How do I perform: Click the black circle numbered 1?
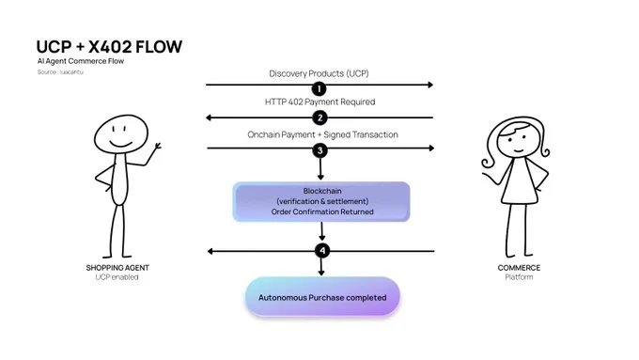(x=319, y=88)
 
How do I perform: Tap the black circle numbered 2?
(x=319, y=117)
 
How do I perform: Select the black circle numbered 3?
(x=319, y=150)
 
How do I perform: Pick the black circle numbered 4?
(x=322, y=250)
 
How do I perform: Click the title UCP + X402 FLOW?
(x=109, y=47)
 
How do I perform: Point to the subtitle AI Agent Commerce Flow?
(x=81, y=61)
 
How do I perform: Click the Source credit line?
(x=60, y=72)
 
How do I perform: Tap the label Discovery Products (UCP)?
(x=319, y=73)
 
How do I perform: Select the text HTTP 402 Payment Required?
(x=319, y=102)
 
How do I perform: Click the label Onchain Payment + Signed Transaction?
(x=322, y=134)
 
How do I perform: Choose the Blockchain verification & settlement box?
(x=321, y=202)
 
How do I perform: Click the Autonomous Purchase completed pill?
(x=322, y=297)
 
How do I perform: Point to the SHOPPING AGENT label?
(x=117, y=268)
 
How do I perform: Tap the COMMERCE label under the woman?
(x=519, y=268)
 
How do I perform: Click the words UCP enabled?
(x=117, y=277)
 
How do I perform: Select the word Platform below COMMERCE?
(x=519, y=277)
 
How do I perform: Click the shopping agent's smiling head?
(x=121, y=134)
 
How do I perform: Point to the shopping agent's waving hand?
(x=157, y=146)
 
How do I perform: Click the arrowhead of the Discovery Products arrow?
(x=430, y=85)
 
